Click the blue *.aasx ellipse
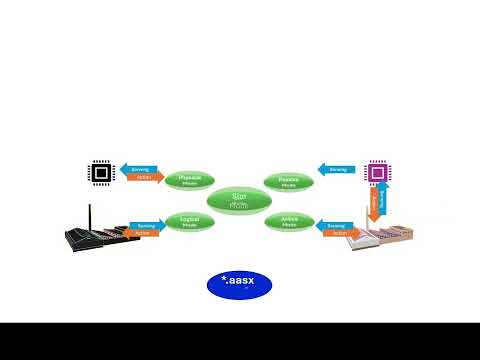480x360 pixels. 238,285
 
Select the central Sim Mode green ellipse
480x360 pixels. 238,200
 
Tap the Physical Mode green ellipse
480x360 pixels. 189,181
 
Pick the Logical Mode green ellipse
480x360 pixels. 189,221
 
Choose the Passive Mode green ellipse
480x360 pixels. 288,181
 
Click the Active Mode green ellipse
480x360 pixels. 290,221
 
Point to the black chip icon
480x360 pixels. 100,172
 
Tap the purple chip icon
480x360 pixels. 377,173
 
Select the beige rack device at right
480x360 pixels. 380,237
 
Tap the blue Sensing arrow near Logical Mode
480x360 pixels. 144,225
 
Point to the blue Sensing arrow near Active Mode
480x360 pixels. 335,225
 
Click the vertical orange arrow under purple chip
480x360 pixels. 373,205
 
